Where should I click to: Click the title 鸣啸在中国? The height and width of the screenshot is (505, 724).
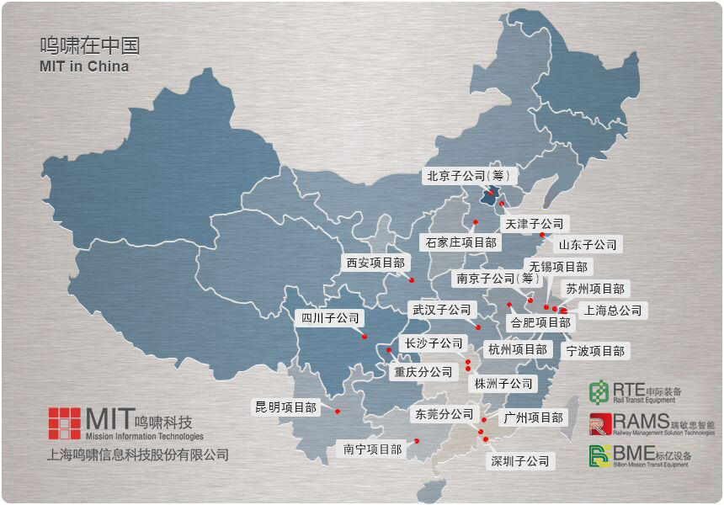(x=90, y=45)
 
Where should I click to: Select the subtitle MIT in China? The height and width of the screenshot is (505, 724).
(x=84, y=66)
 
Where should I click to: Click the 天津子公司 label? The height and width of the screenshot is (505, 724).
(x=534, y=224)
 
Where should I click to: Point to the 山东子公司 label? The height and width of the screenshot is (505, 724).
(x=588, y=245)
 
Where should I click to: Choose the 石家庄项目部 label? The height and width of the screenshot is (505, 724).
(x=460, y=242)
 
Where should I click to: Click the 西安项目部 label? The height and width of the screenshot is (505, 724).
(x=375, y=263)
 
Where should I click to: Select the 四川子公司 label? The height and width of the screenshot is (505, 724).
(x=330, y=318)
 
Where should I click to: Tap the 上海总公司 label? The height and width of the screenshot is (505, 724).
(x=613, y=311)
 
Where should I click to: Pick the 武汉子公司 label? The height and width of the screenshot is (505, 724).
(x=442, y=310)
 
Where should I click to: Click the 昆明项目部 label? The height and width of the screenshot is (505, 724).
(x=286, y=407)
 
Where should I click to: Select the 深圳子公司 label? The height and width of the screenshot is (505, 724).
(x=520, y=461)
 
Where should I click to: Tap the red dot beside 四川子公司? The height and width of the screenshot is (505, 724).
(x=365, y=337)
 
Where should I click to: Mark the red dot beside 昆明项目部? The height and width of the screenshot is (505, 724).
(x=337, y=412)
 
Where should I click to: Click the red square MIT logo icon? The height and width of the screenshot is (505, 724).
(x=65, y=423)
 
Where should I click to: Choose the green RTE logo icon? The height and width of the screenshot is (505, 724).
(x=599, y=392)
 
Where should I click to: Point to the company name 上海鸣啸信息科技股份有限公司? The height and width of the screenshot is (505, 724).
(x=138, y=455)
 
